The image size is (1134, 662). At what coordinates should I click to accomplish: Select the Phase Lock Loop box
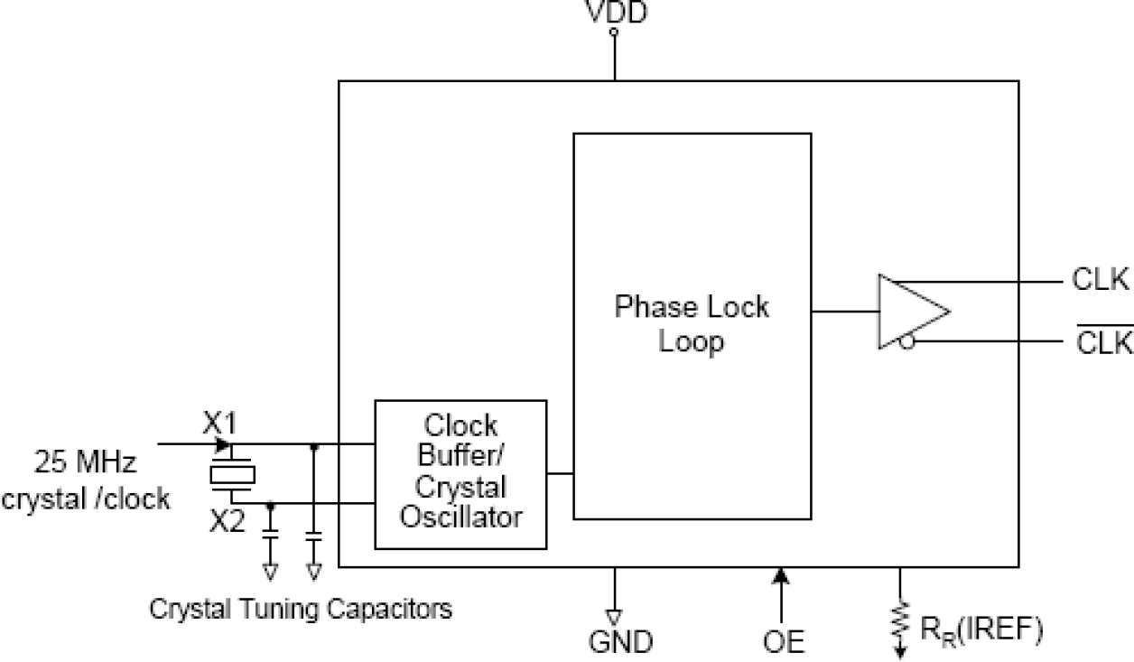click(x=692, y=325)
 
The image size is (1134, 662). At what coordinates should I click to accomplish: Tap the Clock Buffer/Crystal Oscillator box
click(x=460, y=474)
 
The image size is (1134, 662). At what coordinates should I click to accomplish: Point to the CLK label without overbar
click(x=1101, y=281)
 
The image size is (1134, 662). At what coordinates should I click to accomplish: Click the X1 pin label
click(x=219, y=423)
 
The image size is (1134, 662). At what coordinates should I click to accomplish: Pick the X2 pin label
click(x=227, y=522)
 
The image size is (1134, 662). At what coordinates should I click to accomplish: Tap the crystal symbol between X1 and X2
click(x=233, y=474)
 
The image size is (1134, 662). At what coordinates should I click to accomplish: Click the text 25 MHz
click(x=86, y=464)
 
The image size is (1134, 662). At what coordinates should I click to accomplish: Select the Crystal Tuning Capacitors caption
click(x=301, y=610)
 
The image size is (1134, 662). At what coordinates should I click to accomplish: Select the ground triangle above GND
click(x=615, y=618)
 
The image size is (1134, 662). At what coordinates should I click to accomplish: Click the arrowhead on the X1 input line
click(x=223, y=444)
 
